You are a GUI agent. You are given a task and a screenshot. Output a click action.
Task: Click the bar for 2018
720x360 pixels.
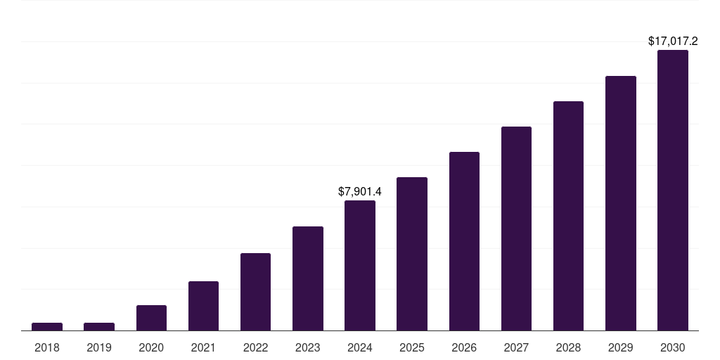pyautogui.click(x=47, y=326)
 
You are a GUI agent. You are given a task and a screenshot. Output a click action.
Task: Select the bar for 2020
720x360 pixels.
pyautogui.click(x=151, y=318)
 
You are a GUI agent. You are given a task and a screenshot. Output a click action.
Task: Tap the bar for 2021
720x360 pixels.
pyautogui.click(x=203, y=306)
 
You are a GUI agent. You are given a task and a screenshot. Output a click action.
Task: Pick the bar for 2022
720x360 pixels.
pyautogui.click(x=255, y=292)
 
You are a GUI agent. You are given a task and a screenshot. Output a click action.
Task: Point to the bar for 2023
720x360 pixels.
pyautogui.click(x=308, y=278)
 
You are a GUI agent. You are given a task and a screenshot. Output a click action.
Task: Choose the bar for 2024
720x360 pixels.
pyautogui.click(x=360, y=266)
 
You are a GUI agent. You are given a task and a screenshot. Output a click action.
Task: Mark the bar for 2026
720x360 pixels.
pyautogui.click(x=464, y=241)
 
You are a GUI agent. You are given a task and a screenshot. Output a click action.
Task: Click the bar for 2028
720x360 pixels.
pyautogui.click(x=568, y=216)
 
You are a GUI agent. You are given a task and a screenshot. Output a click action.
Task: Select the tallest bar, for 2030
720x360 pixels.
pyautogui.click(x=673, y=190)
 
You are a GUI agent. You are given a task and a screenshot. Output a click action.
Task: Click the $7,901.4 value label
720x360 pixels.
pyautogui.click(x=360, y=191)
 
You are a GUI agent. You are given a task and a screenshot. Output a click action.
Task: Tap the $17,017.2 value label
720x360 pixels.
pyautogui.click(x=673, y=41)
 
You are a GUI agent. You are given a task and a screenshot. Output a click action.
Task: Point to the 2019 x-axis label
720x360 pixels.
pyautogui.click(x=99, y=347)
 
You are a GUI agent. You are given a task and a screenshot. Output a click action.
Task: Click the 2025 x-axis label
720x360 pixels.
pyautogui.click(x=412, y=347)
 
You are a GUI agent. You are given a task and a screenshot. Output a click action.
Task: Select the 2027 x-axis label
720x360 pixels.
pyautogui.click(x=516, y=347)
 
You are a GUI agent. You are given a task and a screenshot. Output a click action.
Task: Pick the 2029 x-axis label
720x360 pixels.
pyautogui.click(x=620, y=347)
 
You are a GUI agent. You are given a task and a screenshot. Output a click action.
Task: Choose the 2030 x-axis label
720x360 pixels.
pyautogui.click(x=673, y=347)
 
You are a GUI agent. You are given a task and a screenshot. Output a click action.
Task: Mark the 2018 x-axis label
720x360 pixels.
pyautogui.click(x=47, y=347)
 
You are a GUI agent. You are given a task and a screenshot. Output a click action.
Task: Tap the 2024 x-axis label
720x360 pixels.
pyautogui.click(x=360, y=347)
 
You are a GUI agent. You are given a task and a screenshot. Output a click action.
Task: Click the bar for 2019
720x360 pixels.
pyautogui.click(x=99, y=326)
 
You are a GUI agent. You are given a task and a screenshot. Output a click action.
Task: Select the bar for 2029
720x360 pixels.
pyautogui.click(x=620, y=203)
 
